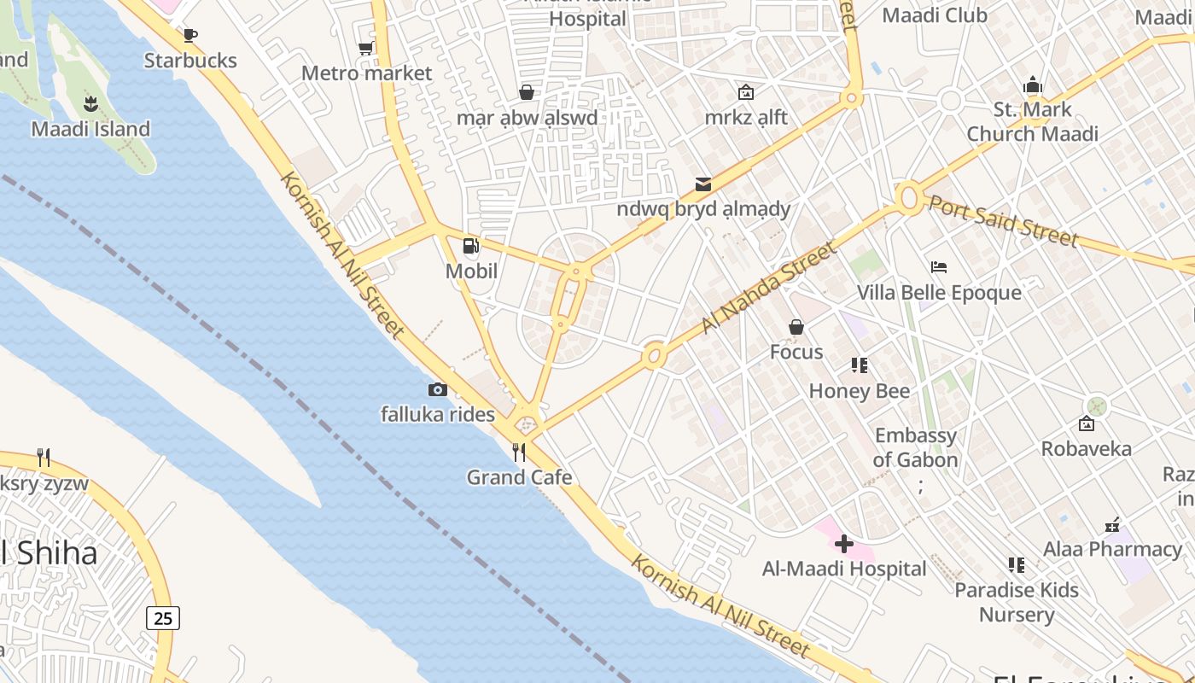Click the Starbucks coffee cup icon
pyautogui.click(x=190, y=35)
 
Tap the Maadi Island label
pyautogui.click(x=90, y=129)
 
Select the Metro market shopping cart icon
pyautogui.click(x=366, y=48)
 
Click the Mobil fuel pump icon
pyautogui.click(x=470, y=246)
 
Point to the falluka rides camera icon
pyautogui.click(x=437, y=389)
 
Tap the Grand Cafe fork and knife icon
pyautogui.click(x=519, y=452)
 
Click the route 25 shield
pyautogui.click(x=162, y=617)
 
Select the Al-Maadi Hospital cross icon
pyautogui.click(x=844, y=543)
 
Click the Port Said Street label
pyautogui.click(x=1003, y=221)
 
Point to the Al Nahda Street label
pyautogui.click(x=768, y=288)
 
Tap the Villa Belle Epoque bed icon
pyautogui.click(x=939, y=267)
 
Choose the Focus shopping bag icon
pyautogui.click(x=796, y=327)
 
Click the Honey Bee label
pyautogui.click(x=859, y=391)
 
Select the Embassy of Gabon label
pyautogui.click(x=916, y=447)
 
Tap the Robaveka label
pyautogui.click(x=1086, y=448)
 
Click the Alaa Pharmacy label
pyautogui.click(x=1113, y=549)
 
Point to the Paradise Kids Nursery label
pyautogui.click(x=1017, y=602)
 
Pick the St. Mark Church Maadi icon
pyautogui.click(x=1033, y=85)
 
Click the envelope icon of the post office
pyautogui.click(x=703, y=184)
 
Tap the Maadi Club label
pyautogui.click(x=935, y=15)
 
